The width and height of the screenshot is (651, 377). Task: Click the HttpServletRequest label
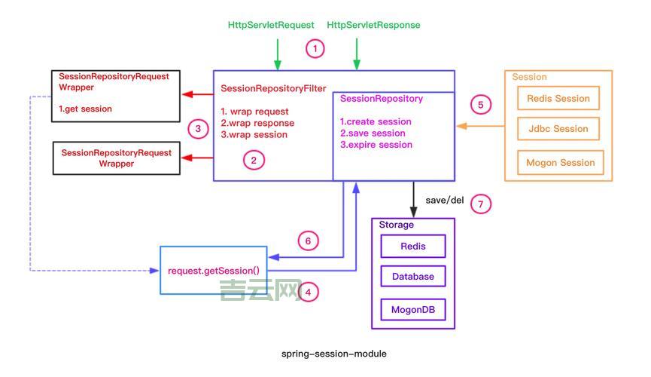[x=270, y=25]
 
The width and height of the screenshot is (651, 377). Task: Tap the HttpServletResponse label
[x=373, y=25]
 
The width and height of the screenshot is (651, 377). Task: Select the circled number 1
[x=315, y=49]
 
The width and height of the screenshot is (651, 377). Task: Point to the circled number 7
[x=479, y=204]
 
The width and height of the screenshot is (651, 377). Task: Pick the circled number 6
[x=307, y=241]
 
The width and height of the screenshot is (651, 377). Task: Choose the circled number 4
[x=308, y=293]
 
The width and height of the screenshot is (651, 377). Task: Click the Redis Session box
[x=558, y=99]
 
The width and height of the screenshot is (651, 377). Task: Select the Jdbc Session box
[x=558, y=129]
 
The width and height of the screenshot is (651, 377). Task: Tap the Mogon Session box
[x=561, y=162]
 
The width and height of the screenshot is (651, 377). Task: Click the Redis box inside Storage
[x=413, y=247]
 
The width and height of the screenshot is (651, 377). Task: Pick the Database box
[x=413, y=277]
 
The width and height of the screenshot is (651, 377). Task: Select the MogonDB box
[x=413, y=310]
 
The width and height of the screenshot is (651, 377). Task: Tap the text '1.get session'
[x=85, y=109]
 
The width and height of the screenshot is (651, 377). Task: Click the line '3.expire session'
[x=376, y=145]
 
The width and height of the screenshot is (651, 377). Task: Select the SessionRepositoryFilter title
[x=273, y=89]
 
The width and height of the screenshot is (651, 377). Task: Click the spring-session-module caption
[x=333, y=354]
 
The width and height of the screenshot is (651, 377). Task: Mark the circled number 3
[x=198, y=129]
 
